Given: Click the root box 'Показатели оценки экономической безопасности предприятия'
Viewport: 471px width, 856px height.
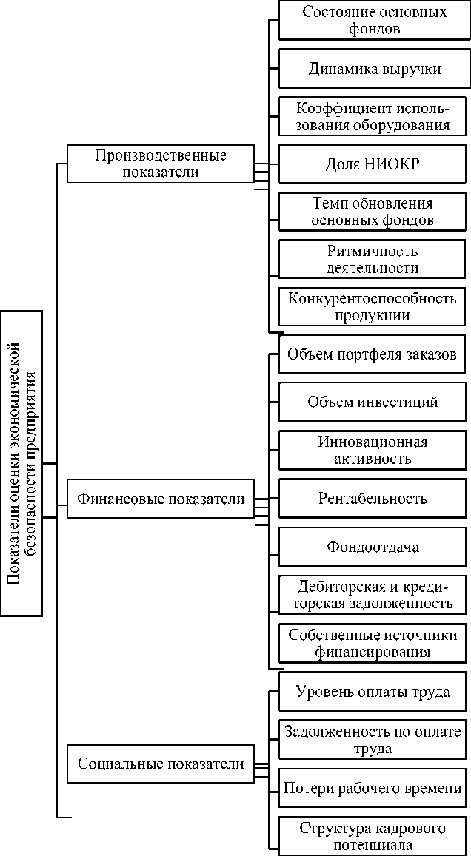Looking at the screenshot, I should [x=22, y=463].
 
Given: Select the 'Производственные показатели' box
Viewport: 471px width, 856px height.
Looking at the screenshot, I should [x=161, y=164].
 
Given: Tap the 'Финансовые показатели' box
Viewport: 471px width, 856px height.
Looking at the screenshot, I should [x=161, y=499].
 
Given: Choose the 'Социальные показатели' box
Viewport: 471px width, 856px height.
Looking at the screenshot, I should [x=161, y=764].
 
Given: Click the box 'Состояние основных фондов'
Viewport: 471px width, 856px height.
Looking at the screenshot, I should [x=374, y=21].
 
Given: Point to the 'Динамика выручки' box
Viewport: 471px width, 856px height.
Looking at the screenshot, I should [x=374, y=70].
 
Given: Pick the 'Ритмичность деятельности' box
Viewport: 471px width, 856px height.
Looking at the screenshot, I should [x=374, y=260].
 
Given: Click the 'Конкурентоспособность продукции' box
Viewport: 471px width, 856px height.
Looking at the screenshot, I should [x=374, y=306].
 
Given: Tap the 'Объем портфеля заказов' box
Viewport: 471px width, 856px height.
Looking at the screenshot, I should [x=374, y=354].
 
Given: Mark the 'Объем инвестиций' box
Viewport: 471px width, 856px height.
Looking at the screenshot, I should [x=374, y=402].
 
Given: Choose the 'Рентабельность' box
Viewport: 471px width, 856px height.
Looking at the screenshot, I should [x=374, y=498].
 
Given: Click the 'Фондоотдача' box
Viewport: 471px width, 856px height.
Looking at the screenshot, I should [x=374, y=547].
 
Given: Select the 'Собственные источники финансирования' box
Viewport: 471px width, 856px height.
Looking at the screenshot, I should [x=374, y=644].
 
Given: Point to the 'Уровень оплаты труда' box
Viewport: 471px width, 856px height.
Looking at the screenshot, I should [x=374, y=692].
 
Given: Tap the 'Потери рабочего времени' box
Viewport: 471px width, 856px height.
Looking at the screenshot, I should [x=374, y=789].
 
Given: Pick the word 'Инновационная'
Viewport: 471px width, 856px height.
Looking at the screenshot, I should [x=374, y=442].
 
